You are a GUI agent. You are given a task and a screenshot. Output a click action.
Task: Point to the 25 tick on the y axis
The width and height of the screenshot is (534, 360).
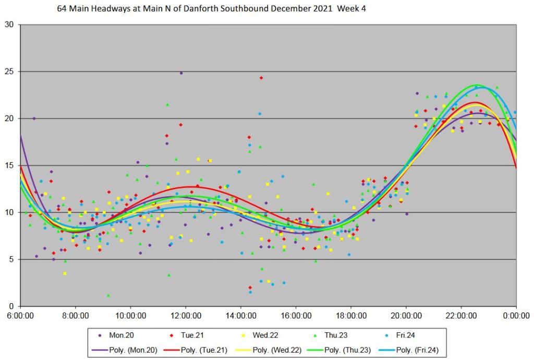[10, 71]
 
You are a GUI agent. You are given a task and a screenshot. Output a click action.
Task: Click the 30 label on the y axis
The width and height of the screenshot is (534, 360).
[10, 25]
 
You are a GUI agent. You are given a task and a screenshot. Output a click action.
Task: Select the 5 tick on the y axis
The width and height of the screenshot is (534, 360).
[13, 259]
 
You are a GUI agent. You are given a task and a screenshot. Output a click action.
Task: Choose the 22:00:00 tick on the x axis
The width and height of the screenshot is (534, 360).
[462, 316]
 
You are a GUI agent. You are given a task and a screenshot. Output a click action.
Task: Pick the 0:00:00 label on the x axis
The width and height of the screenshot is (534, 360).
[516, 316]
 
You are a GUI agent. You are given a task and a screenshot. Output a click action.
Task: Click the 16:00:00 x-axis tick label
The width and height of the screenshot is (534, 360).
[296, 316]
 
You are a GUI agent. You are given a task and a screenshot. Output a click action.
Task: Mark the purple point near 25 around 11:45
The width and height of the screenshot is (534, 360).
[181, 73]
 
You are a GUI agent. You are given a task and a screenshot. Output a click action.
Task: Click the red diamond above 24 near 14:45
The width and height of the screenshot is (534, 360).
[261, 78]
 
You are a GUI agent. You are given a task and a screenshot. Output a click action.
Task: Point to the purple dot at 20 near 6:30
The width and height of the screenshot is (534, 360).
[34, 118]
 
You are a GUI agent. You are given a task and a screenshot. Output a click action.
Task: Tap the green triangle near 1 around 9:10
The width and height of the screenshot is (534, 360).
[108, 295]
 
